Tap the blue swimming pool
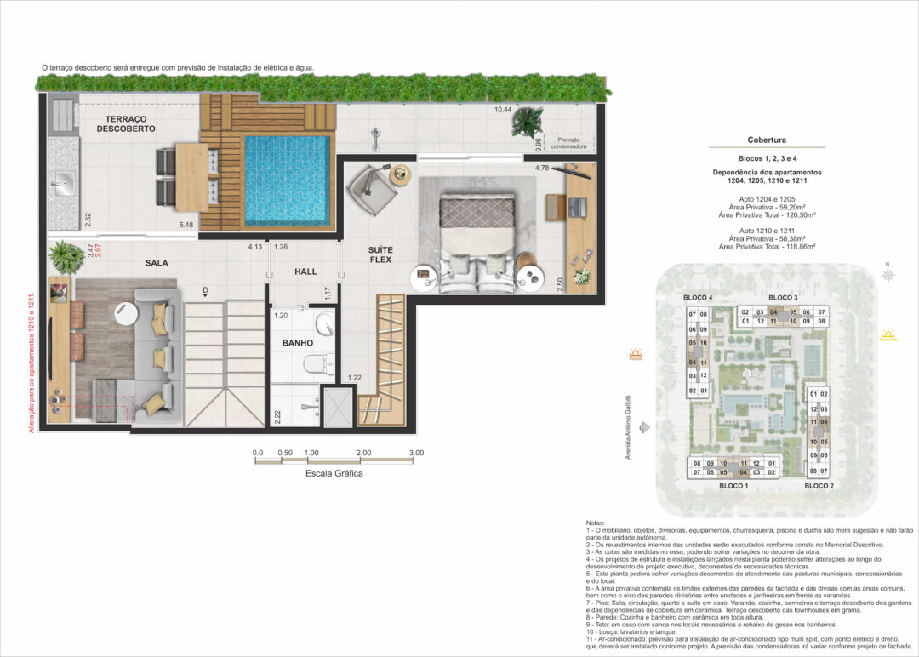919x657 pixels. coord(287,180)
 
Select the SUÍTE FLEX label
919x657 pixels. coord(380,254)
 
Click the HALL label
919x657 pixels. coord(305,271)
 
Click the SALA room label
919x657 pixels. coord(157,264)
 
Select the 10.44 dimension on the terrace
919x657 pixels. coord(503,110)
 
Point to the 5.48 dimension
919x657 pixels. coord(186,226)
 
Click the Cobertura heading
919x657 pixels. coord(766,140)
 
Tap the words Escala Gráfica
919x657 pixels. coord(334,474)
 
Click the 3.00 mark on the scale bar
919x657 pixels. coord(415,453)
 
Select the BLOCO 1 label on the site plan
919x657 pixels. coord(733,485)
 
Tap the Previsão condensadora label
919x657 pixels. coord(566,144)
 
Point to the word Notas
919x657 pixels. coord(597,522)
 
